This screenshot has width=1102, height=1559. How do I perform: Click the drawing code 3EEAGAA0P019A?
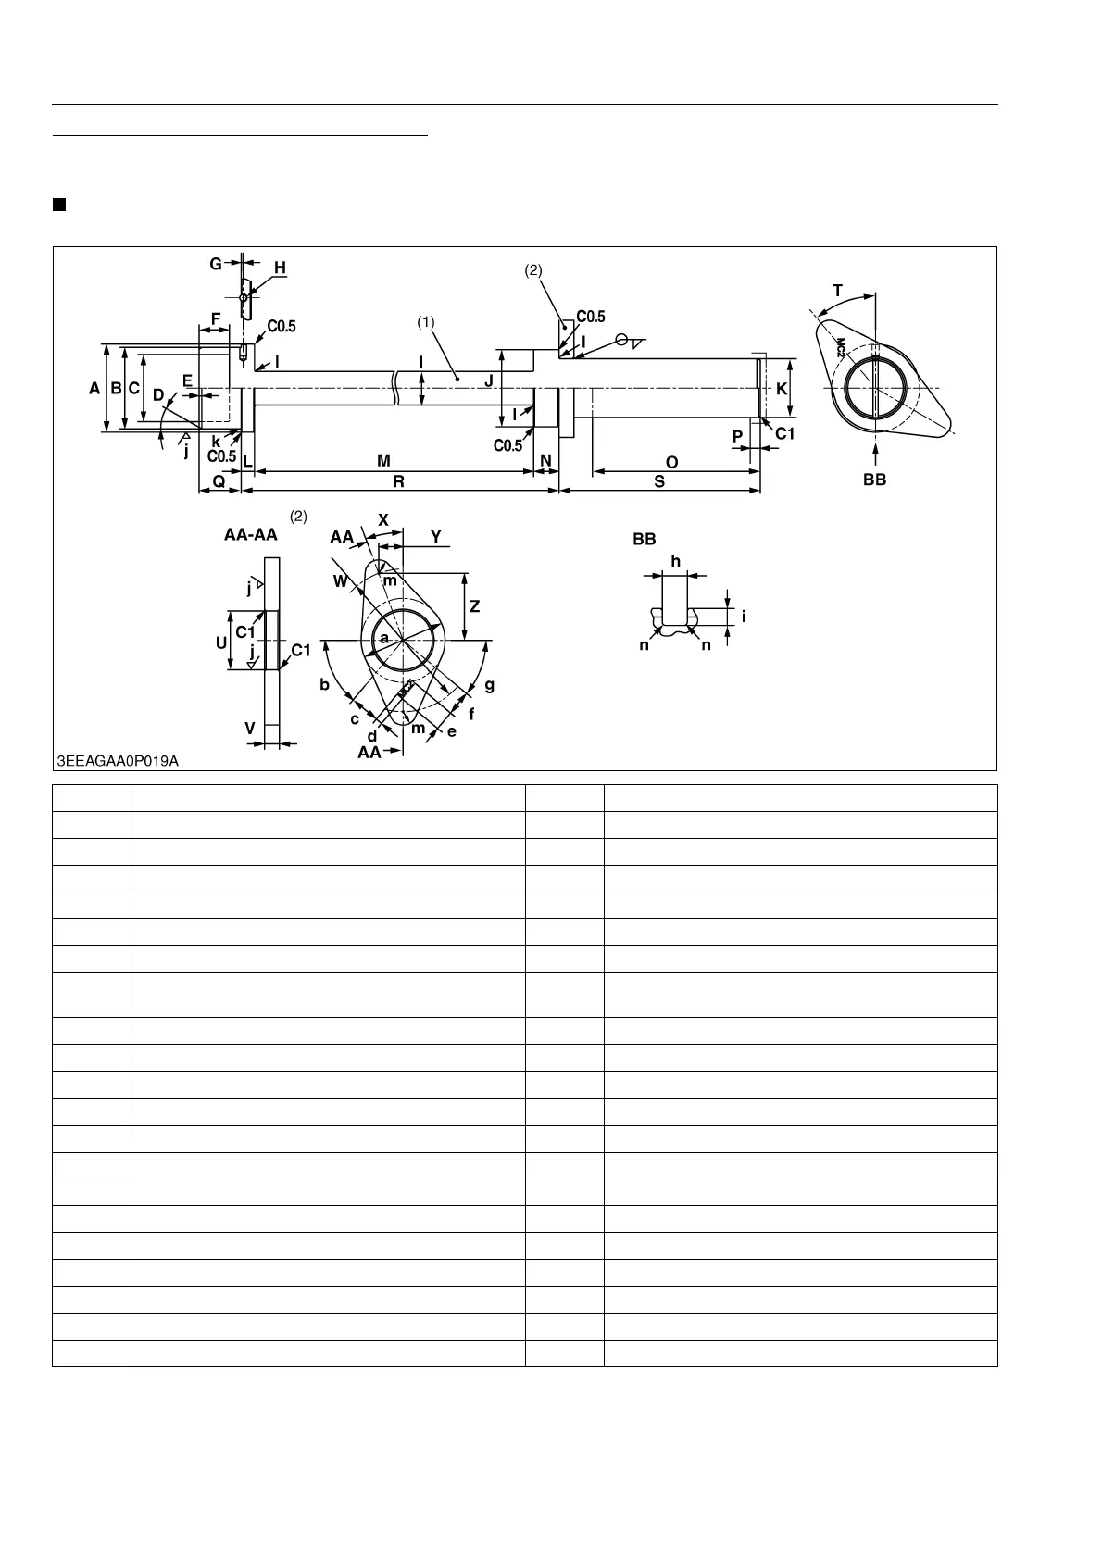(118, 760)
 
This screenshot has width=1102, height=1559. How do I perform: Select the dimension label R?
(398, 481)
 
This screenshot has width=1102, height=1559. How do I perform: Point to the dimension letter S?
(659, 481)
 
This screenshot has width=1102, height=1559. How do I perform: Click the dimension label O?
(672, 461)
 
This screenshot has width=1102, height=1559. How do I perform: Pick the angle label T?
(838, 291)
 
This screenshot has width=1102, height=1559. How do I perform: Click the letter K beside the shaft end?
(782, 389)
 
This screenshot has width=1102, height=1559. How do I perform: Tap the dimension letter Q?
(219, 481)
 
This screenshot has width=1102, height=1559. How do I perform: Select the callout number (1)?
(425, 322)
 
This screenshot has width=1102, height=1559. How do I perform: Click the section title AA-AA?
(250, 534)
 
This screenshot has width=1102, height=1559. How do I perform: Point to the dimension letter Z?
(475, 607)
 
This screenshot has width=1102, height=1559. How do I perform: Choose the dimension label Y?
(436, 537)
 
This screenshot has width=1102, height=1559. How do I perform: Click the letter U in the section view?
(222, 642)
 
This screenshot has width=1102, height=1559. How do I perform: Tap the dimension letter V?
(250, 729)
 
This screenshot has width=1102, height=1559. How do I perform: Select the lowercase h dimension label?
(675, 561)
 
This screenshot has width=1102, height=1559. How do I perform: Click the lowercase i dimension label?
(743, 617)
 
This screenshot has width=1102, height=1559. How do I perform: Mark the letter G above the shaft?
(216, 264)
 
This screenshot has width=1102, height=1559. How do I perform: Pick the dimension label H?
(280, 268)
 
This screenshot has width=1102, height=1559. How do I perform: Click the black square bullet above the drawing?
(59, 204)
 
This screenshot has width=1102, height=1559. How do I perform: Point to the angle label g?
(489, 685)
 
